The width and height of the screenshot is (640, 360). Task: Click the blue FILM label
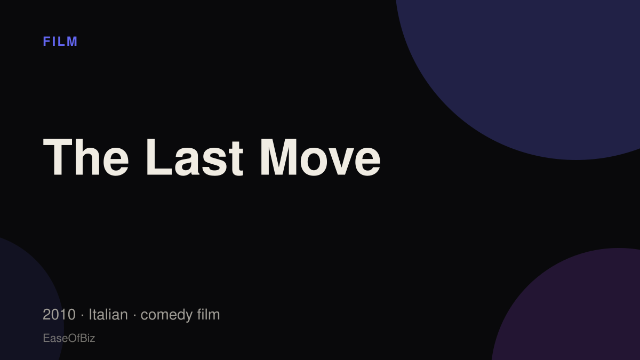pyautogui.click(x=60, y=42)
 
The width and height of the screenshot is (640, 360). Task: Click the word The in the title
pyautogui.click(x=86, y=157)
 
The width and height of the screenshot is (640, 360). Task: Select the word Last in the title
pyautogui.click(x=195, y=157)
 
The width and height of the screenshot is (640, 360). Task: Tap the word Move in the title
pyautogui.click(x=321, y=157)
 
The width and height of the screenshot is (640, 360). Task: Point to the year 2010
pyautogui.click(x=59, y=315)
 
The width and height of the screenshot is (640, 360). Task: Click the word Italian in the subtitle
pyautogui.click(x=108, y=315)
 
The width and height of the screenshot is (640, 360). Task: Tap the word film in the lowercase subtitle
pyautogui.click(x=209, y=314)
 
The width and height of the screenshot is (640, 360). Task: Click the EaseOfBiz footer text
pyautogui.click(x=69, y=338)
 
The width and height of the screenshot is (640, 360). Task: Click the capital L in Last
pyautogui.click(x=159, y=157)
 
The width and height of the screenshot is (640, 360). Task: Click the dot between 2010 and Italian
pyautogui.click(x=82, y=315)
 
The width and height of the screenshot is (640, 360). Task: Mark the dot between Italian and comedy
pyautogui.click(x=134, y=315)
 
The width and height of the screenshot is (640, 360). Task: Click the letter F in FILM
pyautogui.click(x=46, y=42)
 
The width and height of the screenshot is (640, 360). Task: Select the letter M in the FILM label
pyautogui.click(x=72, y=42)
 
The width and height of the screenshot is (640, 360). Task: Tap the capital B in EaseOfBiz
pyautogui.click(x=83, y=338)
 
